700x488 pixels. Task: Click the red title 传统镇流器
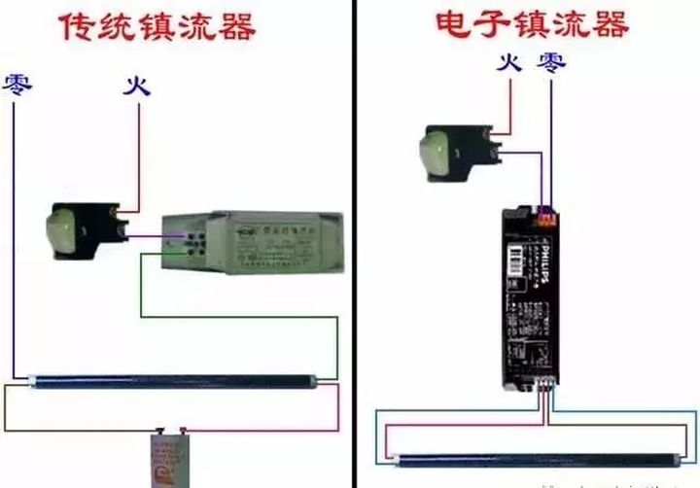click(x=161, y=26)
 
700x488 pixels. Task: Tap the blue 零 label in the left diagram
click(x=17, y=85)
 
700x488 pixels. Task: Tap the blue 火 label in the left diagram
click(x=137, y=85)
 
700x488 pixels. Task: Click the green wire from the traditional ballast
click(x=142, y=292)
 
